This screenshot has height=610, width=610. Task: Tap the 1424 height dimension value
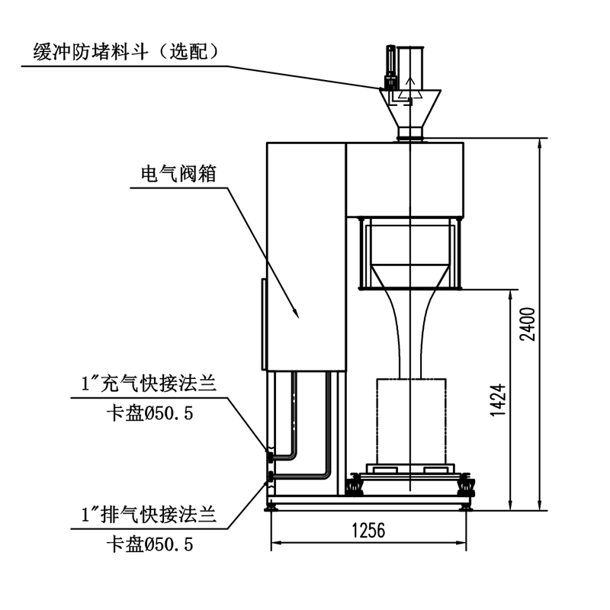(496, 399)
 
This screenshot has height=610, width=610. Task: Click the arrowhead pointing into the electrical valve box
(296, 312)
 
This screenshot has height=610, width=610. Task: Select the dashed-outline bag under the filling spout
(410, 419)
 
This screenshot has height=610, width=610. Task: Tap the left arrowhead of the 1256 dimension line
(276, 543)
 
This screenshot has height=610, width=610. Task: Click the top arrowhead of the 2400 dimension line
(541, 143)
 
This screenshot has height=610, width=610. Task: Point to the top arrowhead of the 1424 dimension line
(510, 294)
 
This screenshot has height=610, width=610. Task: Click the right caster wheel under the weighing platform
(466, 485)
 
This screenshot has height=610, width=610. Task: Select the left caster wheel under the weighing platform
(354, 485)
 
